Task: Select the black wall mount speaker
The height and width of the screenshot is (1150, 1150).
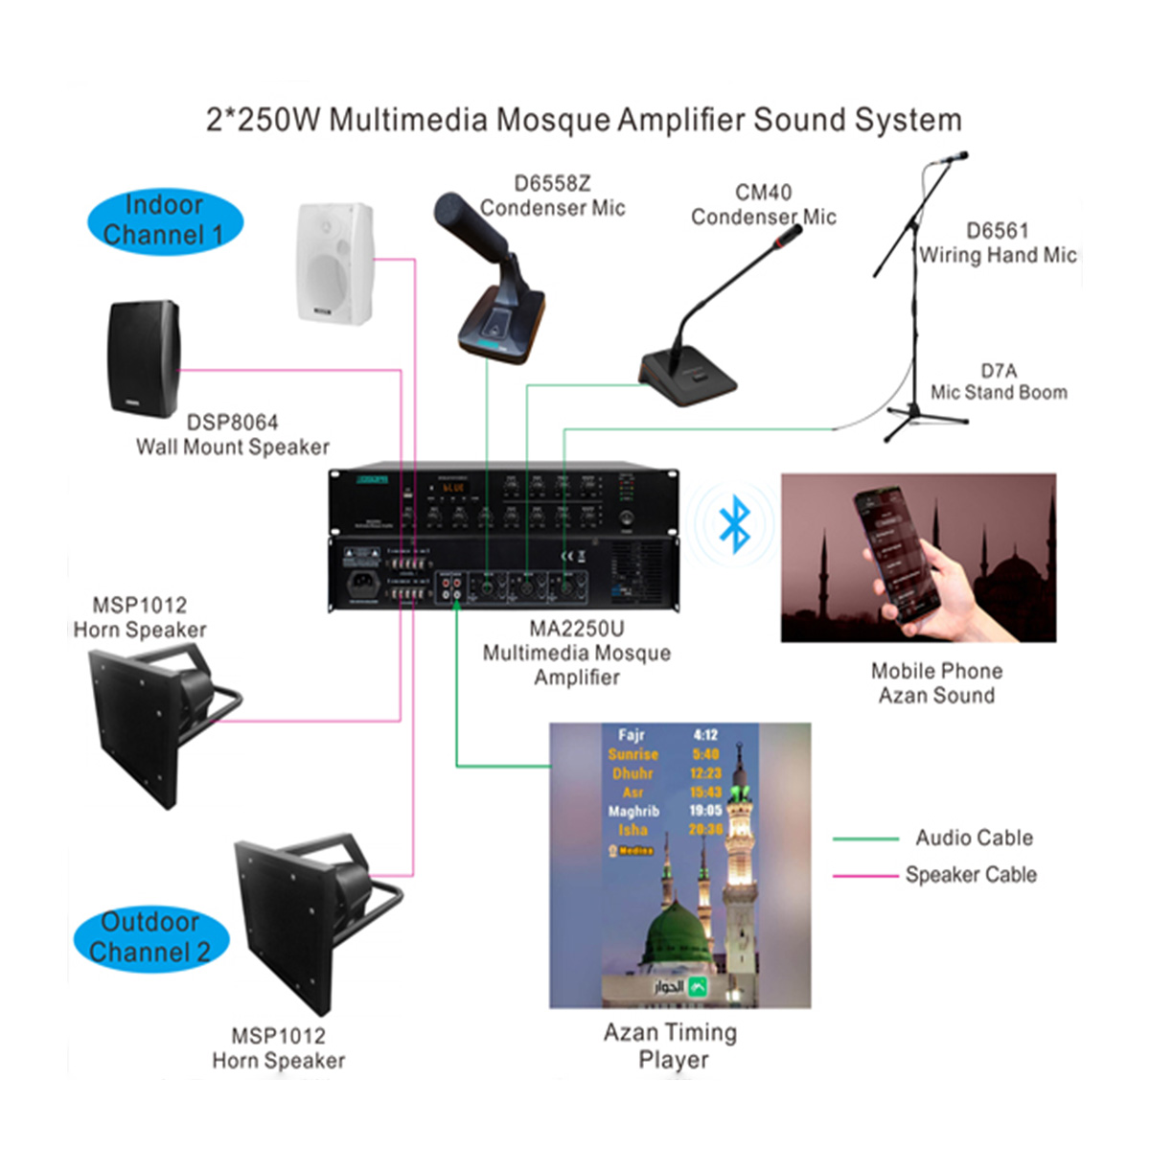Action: click(144, 358)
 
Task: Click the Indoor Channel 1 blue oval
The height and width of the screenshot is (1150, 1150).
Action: click(165, 220)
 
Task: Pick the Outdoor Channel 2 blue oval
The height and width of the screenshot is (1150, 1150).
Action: click(151, 937)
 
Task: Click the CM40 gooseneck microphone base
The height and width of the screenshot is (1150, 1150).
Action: click(688, 379)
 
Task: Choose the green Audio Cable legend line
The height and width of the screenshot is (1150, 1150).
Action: click(865, 839)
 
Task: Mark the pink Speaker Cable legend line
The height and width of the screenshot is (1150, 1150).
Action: click(865, 876)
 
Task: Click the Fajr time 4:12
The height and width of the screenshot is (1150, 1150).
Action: click(705, 735)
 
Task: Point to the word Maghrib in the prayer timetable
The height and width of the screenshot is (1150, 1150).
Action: click(633, 811)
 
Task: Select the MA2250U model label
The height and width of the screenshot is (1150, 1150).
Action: click(576, 630)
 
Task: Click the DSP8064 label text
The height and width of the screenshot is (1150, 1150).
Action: click(232, 423)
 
